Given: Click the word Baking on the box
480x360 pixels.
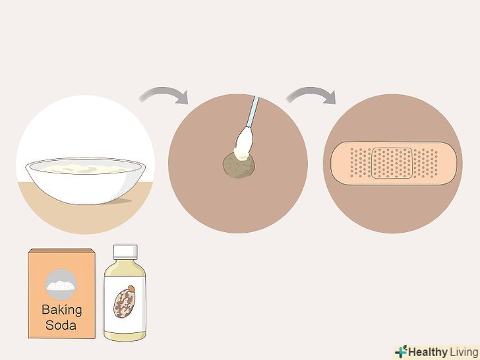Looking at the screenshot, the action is pyautogui.click(x=62, y=310).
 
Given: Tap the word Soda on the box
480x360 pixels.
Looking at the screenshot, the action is pyautogui.click(x=61, y=325).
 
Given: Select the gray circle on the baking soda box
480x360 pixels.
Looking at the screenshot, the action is pyautogui.click(x=61, y=284).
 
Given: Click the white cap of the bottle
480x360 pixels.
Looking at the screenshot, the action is pyautogui.click(x=125, y=252).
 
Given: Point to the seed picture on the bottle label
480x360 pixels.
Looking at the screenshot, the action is pyautogui.click(x=125, y=301).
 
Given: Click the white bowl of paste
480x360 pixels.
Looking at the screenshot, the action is pyautogui.click(x=86, y=181).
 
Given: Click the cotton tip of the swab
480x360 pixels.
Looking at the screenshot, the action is pyautogui.click(x=244, y=143).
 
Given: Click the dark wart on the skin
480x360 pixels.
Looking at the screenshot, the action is pyautogui.click(x=239, y=165).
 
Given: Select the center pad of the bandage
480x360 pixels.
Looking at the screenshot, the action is pyautogui.click(x=392, y=163).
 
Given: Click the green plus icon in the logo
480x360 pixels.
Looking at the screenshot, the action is pyautogui.click(x=401, y=351).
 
